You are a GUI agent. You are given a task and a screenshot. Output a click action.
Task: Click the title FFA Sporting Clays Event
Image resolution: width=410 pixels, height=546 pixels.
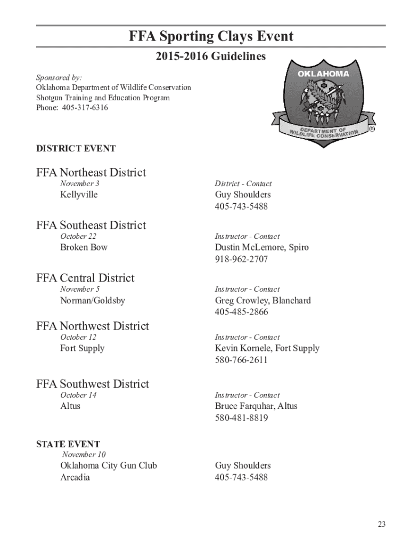click(211, 36)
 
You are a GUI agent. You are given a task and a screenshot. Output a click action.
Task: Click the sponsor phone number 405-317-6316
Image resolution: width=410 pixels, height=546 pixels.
click(72, 108)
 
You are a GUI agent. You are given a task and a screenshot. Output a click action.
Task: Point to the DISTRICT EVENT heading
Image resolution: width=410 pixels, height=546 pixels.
click(76, 149)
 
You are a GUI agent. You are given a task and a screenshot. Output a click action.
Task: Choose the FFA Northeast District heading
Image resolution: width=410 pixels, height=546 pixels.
click(91, 172)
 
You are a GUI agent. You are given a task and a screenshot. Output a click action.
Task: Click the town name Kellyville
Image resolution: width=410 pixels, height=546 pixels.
click(79, 195)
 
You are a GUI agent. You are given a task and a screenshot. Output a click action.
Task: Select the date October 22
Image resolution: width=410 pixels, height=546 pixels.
click(78, 236)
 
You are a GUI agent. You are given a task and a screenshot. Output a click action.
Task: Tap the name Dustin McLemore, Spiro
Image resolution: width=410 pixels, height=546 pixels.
click(261, 247)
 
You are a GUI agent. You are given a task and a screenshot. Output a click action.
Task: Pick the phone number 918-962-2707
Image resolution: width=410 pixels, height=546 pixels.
click(241, 259)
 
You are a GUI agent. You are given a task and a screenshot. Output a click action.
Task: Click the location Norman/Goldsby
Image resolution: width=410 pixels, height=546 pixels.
click(93, 301)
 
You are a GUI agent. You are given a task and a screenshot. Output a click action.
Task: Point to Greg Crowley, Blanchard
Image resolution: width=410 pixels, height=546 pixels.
click(263, 301)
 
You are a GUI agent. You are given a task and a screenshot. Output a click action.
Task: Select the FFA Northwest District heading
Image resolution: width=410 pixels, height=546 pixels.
click(93, 326)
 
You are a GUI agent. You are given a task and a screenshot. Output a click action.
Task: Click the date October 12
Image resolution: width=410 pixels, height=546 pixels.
click(78, 337)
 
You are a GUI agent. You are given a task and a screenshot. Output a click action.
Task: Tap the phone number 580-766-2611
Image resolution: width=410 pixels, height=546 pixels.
click(241, 360)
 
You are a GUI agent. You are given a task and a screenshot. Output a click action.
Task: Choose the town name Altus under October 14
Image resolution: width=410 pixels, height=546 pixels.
click(70, 406)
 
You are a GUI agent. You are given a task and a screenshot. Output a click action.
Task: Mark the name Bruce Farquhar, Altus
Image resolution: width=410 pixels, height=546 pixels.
click(256, 406)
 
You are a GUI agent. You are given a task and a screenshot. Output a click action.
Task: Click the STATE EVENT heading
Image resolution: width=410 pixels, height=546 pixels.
click(68, 444)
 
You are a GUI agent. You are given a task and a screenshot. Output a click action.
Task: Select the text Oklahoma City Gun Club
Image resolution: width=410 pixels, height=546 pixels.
click(109, 465)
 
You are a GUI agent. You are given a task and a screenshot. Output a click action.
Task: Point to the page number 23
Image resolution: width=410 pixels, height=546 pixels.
click(381, 524)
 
